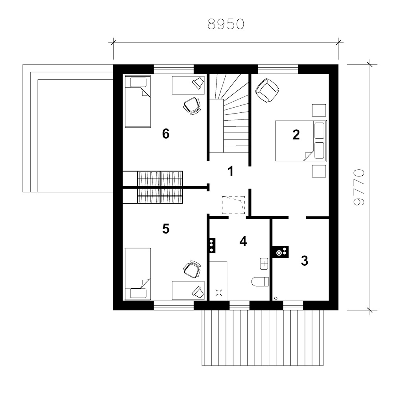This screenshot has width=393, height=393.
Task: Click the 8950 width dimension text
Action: pos(226,24)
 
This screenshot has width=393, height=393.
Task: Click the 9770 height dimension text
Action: pos(359,187)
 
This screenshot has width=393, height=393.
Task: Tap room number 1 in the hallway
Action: pos(231,171)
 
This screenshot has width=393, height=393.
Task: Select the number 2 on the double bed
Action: pos(296,134)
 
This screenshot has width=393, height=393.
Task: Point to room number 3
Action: pos(304,261)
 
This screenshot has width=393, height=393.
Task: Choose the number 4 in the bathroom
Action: pos(243,241)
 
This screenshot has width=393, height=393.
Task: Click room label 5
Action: pos(166,229)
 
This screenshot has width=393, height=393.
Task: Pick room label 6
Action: pos(166,134)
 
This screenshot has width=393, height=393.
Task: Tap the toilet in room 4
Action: pos(260,281)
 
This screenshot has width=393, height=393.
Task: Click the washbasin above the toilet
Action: pos(264,263)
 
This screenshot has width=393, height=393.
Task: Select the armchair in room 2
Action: pos(267,90)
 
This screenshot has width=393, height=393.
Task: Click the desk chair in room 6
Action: pos(192,106)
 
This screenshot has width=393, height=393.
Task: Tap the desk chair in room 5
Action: pos(192,269)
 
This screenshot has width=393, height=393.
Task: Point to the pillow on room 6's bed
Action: pos(138,82)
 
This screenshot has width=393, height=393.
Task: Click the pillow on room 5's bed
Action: pos(138,293)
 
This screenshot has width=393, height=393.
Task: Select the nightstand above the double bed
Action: pos(319,110)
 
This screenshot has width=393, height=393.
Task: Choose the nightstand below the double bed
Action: pos(319,171)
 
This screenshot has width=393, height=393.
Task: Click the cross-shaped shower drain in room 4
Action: pos(219,292)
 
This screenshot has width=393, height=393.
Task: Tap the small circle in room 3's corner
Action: pos(276,298)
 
